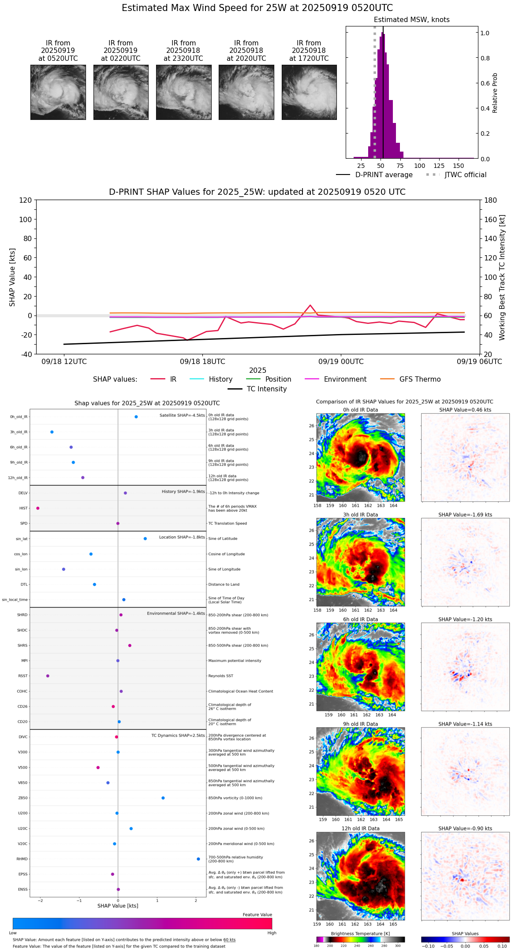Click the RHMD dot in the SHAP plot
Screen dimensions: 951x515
(x=198, y=859)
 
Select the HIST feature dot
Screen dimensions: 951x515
(x=38, y=508)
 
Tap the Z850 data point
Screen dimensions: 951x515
(x=163, y=798)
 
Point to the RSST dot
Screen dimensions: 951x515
(x=48, y=676)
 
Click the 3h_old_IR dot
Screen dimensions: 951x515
(x=52, y=432)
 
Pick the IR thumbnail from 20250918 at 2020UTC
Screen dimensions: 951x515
(x=246, y=92)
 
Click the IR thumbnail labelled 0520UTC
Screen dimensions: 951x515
(x=58, y=92)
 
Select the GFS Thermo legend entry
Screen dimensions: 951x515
(x=420, y=379)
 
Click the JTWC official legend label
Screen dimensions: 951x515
(x=465, y=175)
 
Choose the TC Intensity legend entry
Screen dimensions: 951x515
(x=266, y=389)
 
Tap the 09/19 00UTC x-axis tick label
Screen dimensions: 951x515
(x=341, y=362)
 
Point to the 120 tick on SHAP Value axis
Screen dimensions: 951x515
(x=26, y=200)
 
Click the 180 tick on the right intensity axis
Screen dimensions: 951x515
(x=491, y=200)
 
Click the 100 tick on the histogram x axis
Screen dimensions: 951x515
(x=419, y=166)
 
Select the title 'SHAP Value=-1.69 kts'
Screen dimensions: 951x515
(x=465, y=515)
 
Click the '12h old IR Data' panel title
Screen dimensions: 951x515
(x=360, y=828)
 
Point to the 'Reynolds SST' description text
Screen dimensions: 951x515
(x=220, y=676)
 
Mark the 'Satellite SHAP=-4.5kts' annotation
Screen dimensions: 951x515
(x=182, y=416)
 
